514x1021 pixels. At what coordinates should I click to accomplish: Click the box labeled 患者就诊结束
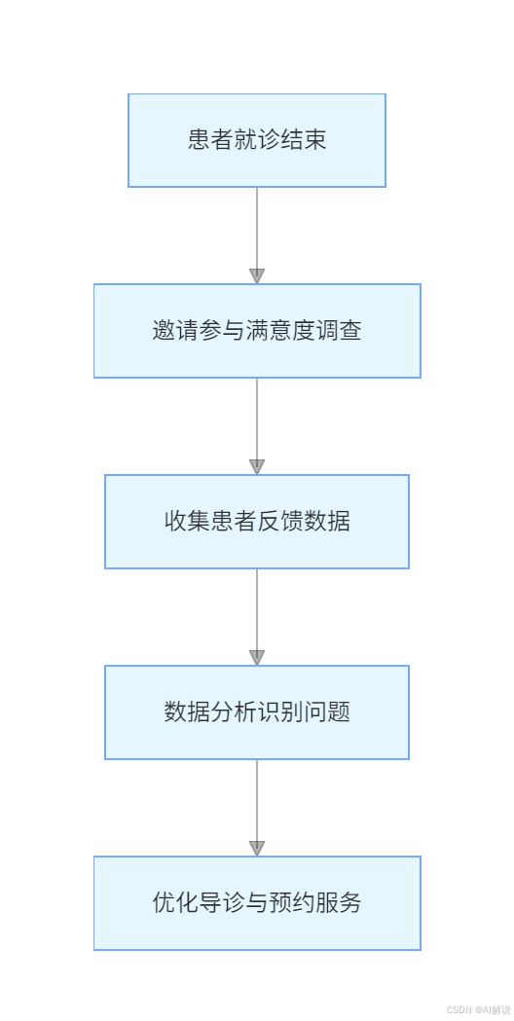(x=257, y=141)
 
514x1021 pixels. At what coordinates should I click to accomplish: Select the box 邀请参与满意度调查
(x=257, y=331)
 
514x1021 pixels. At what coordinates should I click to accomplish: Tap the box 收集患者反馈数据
(x=257, y=522)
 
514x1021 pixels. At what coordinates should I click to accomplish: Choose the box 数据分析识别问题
(x=257, y=712)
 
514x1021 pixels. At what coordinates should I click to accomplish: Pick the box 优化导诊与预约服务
(x=257, y=903)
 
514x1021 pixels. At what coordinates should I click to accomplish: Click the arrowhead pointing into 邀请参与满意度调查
(x=257, y=275)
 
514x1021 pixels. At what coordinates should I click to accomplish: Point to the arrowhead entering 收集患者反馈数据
(x=257, y=466)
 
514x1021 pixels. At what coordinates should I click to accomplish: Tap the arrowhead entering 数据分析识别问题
(x=257, y=657)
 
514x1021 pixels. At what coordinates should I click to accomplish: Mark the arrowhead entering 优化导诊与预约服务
(x=257, y=848)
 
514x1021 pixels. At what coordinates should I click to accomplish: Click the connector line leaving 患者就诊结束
(x=257, y=228)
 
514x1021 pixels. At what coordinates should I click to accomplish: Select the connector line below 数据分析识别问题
(x=257, y=800)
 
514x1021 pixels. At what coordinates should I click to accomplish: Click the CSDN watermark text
(x=479, y=1009)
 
